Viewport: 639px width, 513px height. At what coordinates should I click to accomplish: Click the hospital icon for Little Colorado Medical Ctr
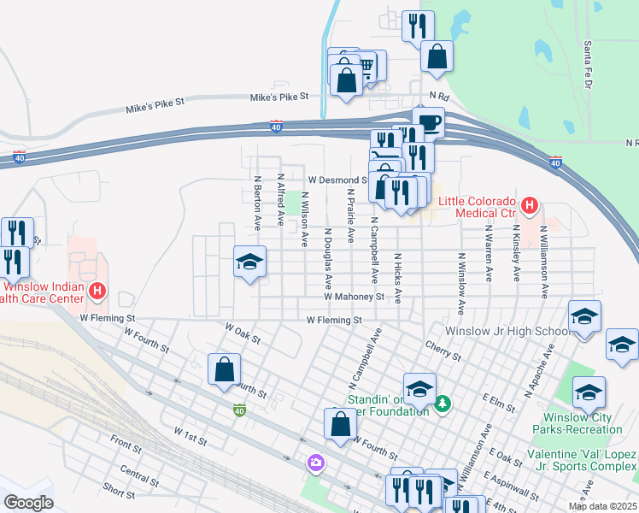click(x=530, y=205)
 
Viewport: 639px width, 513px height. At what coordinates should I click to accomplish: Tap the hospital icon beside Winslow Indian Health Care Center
click(x=97, y=292)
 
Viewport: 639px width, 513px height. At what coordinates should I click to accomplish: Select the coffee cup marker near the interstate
click(x=428, y=121)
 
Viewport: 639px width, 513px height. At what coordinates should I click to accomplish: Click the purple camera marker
click(x=317, y=463)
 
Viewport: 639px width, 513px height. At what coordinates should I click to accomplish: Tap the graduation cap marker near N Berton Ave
click(x=249, y=262)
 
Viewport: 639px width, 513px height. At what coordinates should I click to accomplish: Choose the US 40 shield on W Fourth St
click(x=241, y=411)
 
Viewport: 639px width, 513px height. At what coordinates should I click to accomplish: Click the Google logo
click(x=28, y=502)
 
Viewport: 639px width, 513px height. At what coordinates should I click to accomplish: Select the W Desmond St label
click(x=337, y=180)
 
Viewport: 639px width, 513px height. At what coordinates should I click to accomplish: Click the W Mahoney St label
click(x=354, y=297)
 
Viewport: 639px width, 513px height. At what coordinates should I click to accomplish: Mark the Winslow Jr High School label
click(x=507, y=331)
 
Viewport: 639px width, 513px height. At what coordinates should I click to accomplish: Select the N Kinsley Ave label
click(x=516, y=253)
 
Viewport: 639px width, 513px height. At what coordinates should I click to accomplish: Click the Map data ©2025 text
click(x=601, y=506)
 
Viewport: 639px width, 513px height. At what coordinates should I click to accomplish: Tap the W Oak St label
click(x=242, y=333)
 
